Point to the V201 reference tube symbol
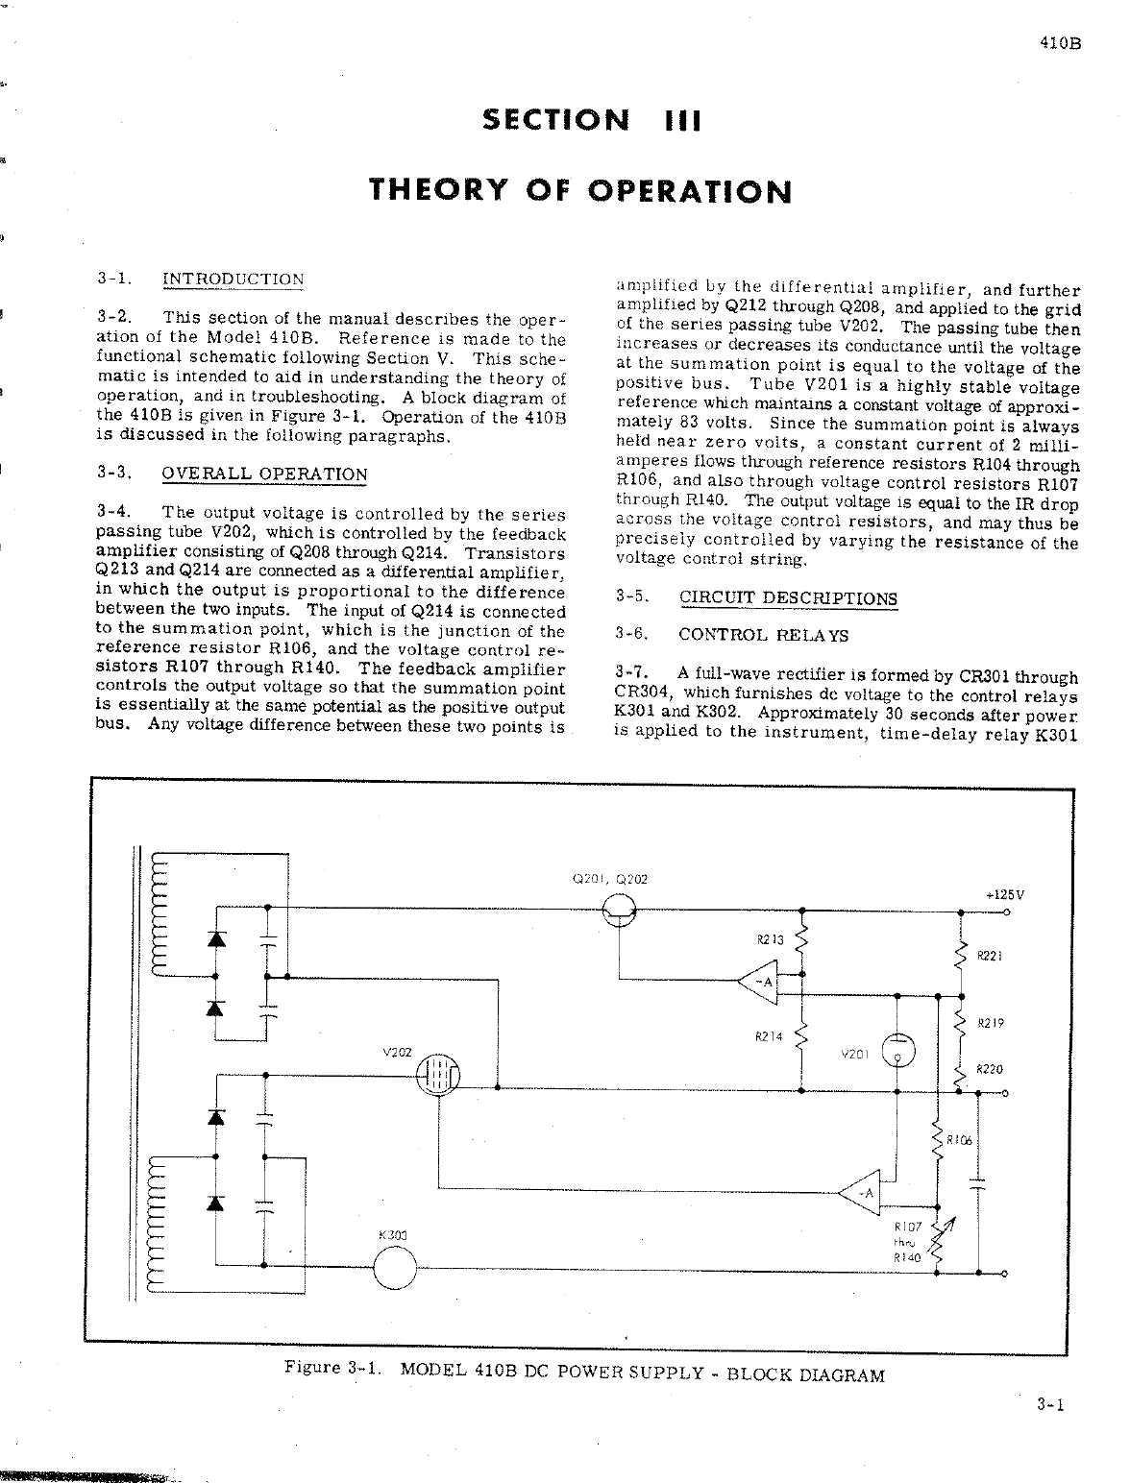coord(897,1051)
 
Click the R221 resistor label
coord(990,957)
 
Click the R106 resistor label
coord(960,1141)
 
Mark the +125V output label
coord(1005,894)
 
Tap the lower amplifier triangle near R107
coord(861,1193)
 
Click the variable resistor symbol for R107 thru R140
coord(939,1240)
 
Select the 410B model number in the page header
coord(1056,43)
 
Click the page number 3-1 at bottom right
coord(1050,1406)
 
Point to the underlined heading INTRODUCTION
coord(233,280)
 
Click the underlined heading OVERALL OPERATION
coord(265,474)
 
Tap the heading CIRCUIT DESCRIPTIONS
coord(788,598)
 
